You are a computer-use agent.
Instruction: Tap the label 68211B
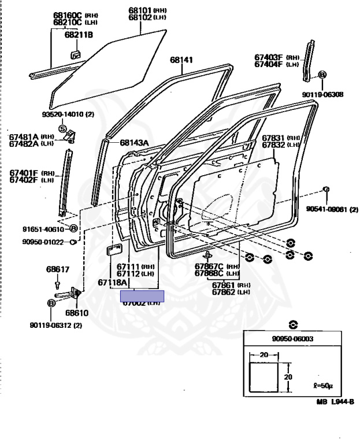point(79,35)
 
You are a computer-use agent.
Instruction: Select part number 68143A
point(135,143)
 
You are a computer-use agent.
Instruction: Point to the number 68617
point(58,269)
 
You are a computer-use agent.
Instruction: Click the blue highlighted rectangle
point(142,297)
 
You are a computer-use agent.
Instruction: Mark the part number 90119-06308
point(322,94)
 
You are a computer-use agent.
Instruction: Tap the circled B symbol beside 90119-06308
point(322,75)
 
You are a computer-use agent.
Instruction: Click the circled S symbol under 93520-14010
point(63,128)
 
